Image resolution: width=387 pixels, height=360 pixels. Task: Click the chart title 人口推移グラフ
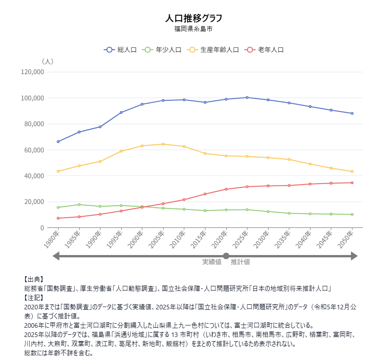tap(193, 18)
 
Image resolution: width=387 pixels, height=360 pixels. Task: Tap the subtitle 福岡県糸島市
tap(193, 29)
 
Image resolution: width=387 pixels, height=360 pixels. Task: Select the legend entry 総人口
tap(120, 50)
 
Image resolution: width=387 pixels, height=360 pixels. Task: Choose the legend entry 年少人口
tap(162, 50)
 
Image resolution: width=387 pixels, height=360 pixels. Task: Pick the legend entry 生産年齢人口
tap(213, 50)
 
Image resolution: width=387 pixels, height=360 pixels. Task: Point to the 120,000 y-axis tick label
tap(32, 72)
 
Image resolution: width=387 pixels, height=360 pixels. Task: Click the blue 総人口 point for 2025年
tap(247, 98)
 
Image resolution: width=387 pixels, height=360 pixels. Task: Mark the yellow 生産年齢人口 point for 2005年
tap(163, 144)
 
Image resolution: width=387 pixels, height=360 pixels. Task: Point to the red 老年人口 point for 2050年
tap(352, 183)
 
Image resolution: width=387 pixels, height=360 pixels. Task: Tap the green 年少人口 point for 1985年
tap(79, 204)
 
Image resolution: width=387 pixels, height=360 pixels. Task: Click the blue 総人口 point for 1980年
tap(58, 141)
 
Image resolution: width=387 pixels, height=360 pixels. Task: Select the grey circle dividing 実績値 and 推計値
tap(226, 256)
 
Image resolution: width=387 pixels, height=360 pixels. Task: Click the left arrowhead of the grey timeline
tap(56, 256)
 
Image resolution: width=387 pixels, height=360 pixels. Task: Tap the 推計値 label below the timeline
tap(240, 262)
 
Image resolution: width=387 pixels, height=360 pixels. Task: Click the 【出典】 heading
tap(34, 279)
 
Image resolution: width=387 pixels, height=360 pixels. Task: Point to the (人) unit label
tap(47, 61)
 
